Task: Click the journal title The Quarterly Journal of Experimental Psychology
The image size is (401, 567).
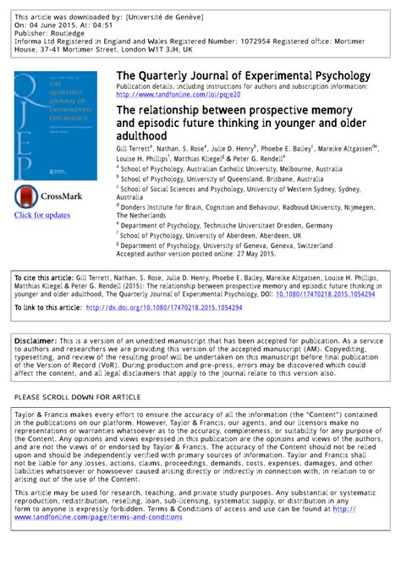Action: click(242, 76)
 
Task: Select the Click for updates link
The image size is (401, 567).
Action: click(41, 215)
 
